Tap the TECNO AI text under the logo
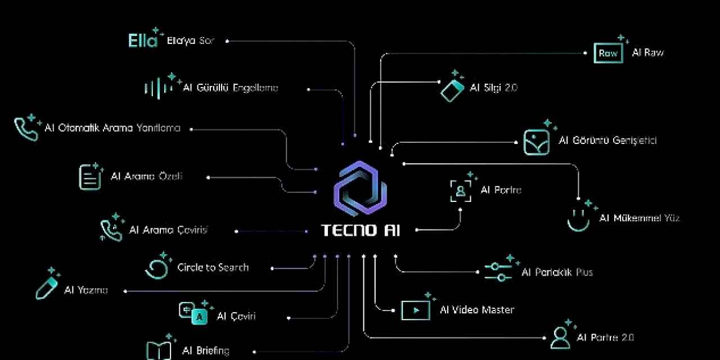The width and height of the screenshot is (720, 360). [x=361, y=231]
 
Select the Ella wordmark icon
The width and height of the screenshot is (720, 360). [x=143, y=40]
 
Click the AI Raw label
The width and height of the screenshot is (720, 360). [x=647, y=53]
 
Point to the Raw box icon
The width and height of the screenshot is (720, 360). [x=608, y=53]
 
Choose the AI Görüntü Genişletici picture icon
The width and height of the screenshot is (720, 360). [x=536, y=142]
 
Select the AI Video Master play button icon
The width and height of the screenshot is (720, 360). [x=415, y=310]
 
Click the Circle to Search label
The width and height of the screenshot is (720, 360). [x=213, y=268]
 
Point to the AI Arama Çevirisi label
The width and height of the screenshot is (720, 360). [x=169, y=230]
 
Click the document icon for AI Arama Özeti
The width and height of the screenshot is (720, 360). [x=89, y=177]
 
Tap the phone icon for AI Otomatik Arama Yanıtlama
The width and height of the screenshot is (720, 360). [x=26, y=129]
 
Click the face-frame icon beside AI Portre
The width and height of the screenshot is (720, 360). [x=461, y=191]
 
